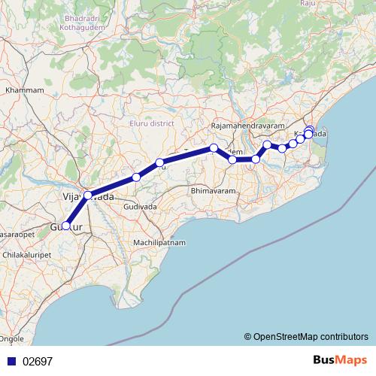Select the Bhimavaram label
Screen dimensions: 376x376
(x=214, y=191)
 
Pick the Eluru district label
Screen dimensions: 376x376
(x=150, y=123)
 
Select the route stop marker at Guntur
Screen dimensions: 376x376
(x=66, y=226)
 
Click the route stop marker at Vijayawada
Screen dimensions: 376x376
(x=88, y=196)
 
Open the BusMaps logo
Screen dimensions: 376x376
(x=340, y=361)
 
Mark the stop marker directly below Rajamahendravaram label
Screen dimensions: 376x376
(x=232, y=159)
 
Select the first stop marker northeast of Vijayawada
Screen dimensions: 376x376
(x=136, y=177)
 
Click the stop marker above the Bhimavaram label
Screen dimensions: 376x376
(x=214, y=147)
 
